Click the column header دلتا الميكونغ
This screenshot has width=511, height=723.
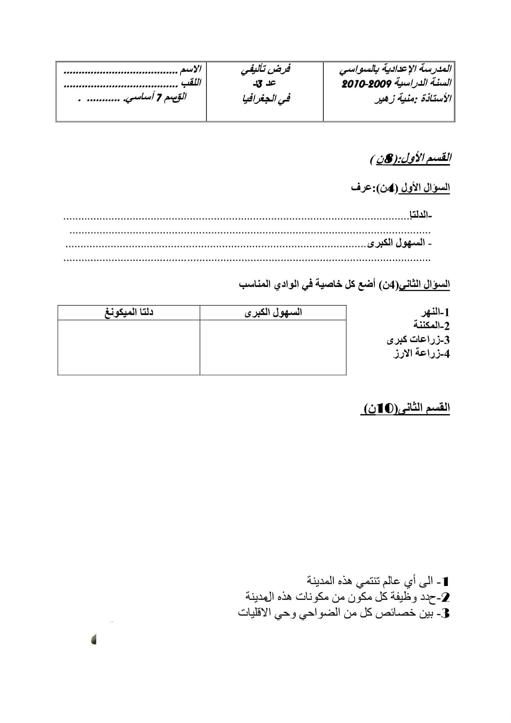point(129,312)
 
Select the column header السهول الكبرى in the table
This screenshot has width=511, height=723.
point(273,312)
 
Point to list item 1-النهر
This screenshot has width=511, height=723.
point(435,312)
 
